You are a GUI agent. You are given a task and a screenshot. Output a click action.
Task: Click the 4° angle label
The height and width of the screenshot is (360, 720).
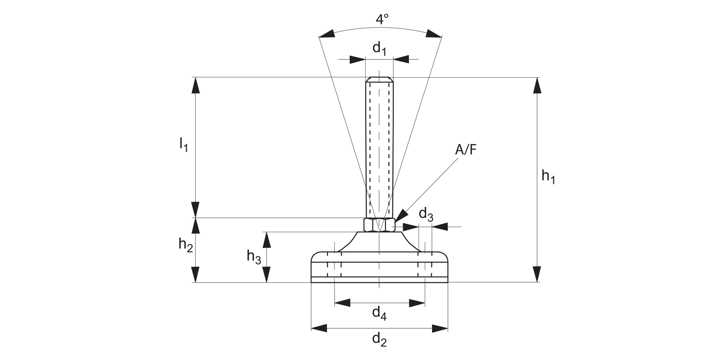[x=382, y=20]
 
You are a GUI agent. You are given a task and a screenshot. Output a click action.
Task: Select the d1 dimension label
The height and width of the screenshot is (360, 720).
[x=379, y=48]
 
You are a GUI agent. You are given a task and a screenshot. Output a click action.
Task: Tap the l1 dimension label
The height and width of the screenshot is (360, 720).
[x=184, y=144]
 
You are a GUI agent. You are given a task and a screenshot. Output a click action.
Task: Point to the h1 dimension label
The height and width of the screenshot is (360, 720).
[x=548, y=177]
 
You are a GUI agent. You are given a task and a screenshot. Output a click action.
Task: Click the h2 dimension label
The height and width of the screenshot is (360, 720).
[x=186, y=245]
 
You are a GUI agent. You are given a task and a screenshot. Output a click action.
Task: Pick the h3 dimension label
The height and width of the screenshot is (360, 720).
[x=254, y=257]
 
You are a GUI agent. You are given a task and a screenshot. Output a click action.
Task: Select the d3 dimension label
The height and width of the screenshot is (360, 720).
[x=426, y=214]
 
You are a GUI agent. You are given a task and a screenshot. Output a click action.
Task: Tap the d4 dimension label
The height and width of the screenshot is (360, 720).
[x=379, y=313]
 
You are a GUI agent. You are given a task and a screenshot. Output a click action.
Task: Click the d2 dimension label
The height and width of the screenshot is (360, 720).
[x=379, y=339]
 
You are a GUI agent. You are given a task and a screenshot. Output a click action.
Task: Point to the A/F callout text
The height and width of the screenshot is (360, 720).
[x=466, y=150]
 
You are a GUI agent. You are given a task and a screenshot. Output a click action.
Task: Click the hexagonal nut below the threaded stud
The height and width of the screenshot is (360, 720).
[x=379, y=225]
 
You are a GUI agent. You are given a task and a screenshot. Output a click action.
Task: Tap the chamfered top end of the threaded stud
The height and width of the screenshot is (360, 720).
[x=379, y=80]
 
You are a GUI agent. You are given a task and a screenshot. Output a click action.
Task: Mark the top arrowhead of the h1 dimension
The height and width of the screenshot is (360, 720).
[x=537, y=85]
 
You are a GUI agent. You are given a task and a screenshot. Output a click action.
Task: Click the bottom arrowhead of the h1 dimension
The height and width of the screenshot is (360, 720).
[x=537, y=274]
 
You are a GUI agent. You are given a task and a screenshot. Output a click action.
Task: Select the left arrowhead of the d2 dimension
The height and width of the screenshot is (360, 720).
[x=319, y=328]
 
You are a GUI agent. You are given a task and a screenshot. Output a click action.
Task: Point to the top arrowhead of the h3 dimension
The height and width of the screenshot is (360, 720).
[x=266, y=240]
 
